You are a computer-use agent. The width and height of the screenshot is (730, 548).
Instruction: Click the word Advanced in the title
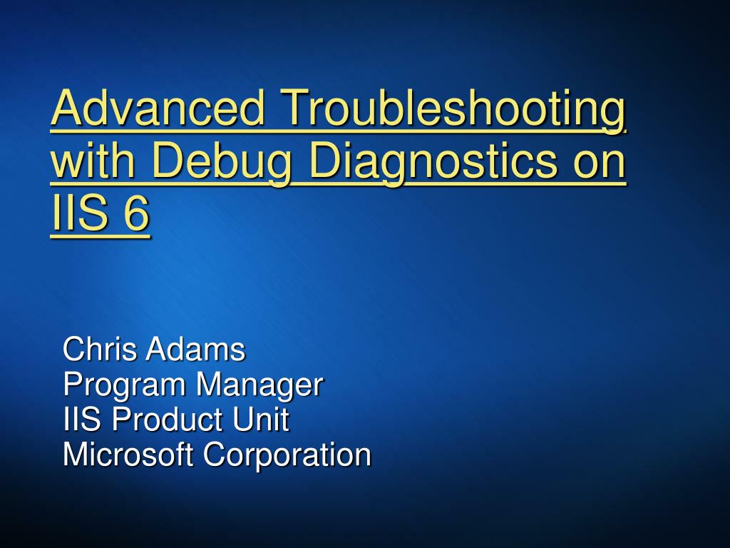(x=159, y=108)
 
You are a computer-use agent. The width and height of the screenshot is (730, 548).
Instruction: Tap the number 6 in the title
(x=135, y=214)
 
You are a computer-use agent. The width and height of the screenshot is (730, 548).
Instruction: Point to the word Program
(x=125, y=385)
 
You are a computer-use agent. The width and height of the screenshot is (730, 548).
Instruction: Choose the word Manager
(x=259, y=385)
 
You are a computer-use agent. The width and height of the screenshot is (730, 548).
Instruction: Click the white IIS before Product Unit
(x=83, y=420)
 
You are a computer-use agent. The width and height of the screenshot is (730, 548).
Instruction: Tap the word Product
(x=166, y=420)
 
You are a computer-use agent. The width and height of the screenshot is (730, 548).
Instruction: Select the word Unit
(x=260, y=420)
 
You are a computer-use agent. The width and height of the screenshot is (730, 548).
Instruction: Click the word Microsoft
(x=128, y=455)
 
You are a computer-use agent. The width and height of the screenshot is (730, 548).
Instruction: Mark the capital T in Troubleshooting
(x=296, y=108)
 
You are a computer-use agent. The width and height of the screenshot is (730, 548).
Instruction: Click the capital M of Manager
(x=209, y=385)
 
